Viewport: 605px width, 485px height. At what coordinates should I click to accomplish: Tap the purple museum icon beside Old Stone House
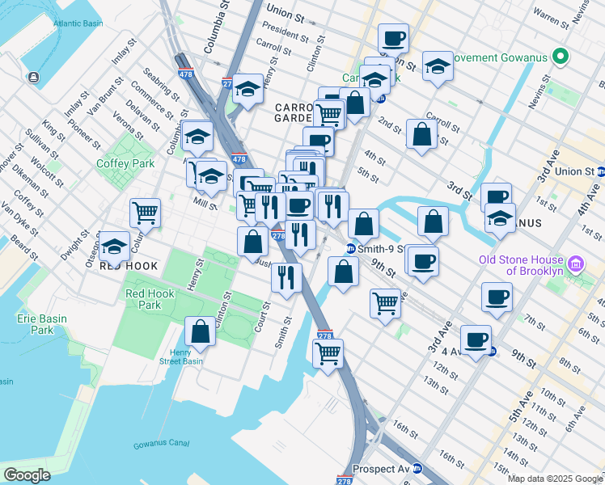[x=575, y=264]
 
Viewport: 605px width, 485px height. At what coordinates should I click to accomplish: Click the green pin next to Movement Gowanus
[x=559, y=57]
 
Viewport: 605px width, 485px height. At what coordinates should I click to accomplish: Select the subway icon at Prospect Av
[x=416, y=469]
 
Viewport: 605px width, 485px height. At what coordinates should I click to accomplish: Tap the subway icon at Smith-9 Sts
[x=351, y=249]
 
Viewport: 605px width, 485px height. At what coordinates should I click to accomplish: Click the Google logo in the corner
[x=27, y=474]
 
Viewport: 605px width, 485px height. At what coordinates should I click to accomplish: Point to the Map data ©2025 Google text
[x=555, y=479]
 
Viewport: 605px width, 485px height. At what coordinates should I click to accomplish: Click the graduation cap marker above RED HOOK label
[x=114, y=245]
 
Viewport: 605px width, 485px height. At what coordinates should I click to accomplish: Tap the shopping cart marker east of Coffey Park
[x=145, y=213]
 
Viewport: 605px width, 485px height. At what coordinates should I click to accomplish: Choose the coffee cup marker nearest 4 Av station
[x=476, y=339]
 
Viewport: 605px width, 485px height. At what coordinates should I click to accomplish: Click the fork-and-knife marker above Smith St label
[x=286, y=278]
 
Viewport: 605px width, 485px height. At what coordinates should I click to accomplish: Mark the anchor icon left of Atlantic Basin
[x=34, y=78]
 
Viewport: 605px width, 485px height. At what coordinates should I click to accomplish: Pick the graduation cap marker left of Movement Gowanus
[x=438, y=67]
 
